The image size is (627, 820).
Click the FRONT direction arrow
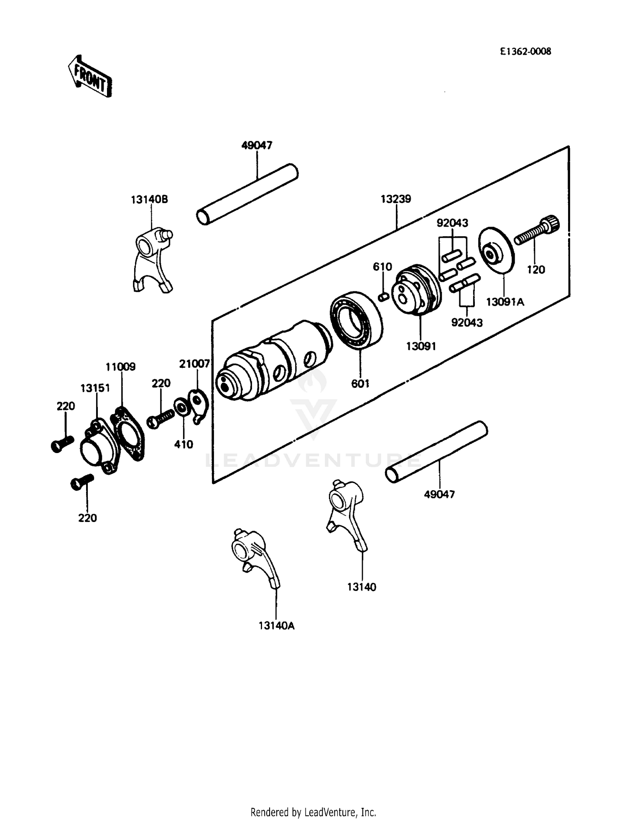coord(90,76)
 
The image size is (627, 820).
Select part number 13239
coord(395,199)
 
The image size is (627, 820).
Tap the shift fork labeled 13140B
coord(152,259)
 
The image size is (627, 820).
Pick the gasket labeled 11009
coord(127,435)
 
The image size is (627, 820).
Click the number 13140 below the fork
coord(362,587)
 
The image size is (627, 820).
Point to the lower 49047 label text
coord(439,494)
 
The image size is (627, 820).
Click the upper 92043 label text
coord(452,223)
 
